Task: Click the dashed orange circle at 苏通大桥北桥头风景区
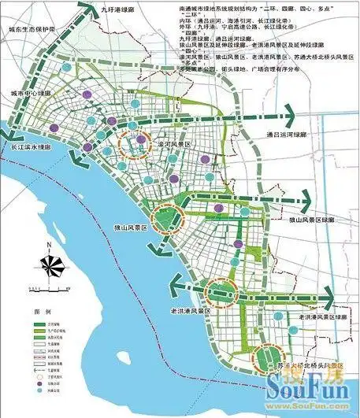(x=264, y=360)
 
